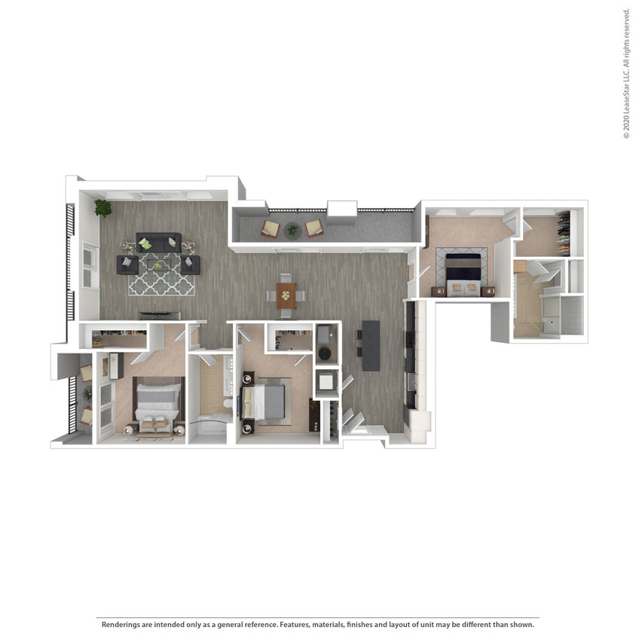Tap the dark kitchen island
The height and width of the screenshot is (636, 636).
click(x=370, y=345)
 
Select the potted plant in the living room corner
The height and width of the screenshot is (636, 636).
click(x=102, y=207)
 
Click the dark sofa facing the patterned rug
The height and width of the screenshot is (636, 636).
click(x=158, y=242)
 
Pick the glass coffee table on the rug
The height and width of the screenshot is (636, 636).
click(x=158, y=264)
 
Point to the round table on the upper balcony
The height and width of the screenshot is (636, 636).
click(x=292, y=230)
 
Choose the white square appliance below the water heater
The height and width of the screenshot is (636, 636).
click(x=327, y=383)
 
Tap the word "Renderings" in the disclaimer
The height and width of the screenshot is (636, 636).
click(x=119, y=624)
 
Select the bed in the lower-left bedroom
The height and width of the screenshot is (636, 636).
click(x=159, y=402)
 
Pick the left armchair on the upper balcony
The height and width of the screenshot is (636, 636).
click(x=270, y=228)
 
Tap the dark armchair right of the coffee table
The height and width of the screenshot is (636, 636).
click(x=190, y=264)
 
